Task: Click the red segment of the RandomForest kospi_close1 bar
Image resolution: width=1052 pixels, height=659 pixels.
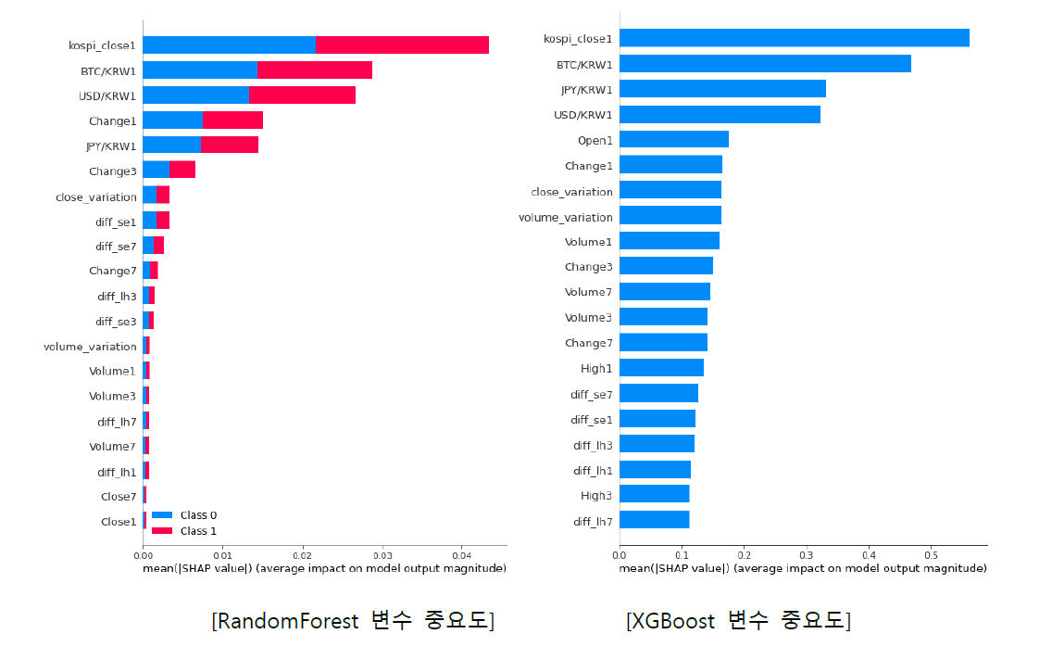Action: tap(402, 44)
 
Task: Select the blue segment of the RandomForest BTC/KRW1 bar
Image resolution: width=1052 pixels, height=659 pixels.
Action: tap(199, 70)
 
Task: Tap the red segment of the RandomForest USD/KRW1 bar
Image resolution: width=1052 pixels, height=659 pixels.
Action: tap(302, 95)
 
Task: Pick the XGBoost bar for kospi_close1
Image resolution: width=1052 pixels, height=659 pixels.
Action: tap(794, 38)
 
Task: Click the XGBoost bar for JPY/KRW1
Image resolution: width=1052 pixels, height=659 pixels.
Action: tap(722, 89)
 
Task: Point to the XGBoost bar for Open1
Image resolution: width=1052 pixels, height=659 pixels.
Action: tap(673, 139)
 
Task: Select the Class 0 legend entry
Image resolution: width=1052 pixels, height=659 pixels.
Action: tap(184, 515)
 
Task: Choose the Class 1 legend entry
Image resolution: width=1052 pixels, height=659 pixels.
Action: tap(184, 531)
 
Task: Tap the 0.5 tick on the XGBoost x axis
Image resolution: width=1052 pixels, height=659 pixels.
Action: tap(931, 554)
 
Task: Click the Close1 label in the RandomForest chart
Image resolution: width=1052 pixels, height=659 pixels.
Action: tap(119, 522)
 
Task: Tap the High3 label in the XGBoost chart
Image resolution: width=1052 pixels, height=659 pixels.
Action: tap(595, 496)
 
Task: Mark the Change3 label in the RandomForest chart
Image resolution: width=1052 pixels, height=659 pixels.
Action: tap(112, 171)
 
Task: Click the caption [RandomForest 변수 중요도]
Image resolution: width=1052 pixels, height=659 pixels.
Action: tap(353, 621)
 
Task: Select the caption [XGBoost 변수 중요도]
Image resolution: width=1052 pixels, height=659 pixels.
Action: tap(738, 621)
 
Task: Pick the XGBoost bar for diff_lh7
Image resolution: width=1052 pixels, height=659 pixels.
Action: tap(654, 520)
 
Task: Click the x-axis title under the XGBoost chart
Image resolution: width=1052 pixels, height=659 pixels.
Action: tap(802, 567)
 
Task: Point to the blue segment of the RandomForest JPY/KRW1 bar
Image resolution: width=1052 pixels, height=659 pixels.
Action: tap(171, 146)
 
